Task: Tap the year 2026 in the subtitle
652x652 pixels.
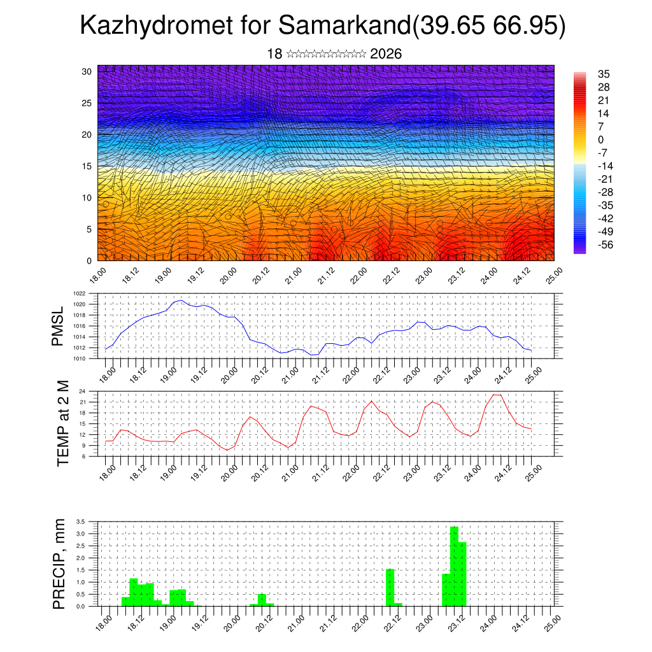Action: coord(386,53)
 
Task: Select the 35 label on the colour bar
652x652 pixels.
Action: coord(604,74)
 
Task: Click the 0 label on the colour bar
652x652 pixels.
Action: coord(601,139)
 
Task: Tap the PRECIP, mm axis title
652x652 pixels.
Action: coord(59,563)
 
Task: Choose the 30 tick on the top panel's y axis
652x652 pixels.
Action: coord(87,71)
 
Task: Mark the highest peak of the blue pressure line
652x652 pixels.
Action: coord(181,300)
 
